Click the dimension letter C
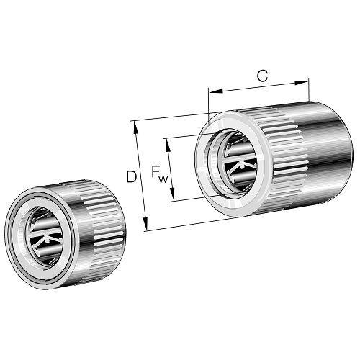tap(262, 76)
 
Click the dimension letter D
tap(131, 177)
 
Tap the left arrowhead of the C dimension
tap(216, 91)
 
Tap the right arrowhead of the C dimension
tap(301, 83)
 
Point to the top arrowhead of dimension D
tap(135, 127)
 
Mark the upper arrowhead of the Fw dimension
tap(168, 145)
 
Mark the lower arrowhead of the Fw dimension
tap(172, 194)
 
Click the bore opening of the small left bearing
tap(45, 236)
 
